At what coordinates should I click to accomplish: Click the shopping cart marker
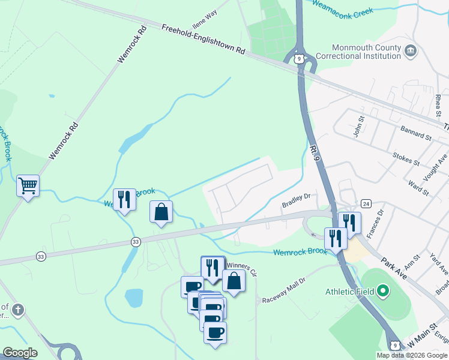click(x=28, y=186)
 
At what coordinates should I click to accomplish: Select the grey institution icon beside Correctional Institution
click(x=411, y=50)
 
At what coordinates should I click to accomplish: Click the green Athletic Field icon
click(x=384, y=292)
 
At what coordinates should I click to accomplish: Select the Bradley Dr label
click(x=296, y=201)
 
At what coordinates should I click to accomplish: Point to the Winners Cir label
click(x=241, y=268)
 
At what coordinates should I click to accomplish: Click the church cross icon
click(x=19, y=310)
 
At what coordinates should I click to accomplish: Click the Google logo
click(x=20, y=353)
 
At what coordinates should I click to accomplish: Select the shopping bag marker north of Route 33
click(x=161, y=212)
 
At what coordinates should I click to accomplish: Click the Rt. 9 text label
click(x=316, y=151)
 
